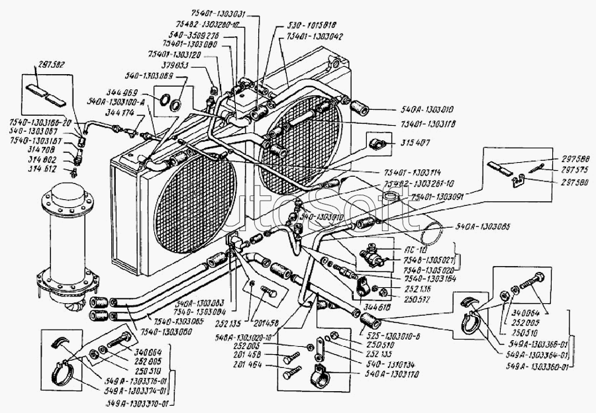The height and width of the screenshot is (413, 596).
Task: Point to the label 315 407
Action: pos(414,143)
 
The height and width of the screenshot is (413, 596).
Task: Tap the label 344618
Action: pos(377,307)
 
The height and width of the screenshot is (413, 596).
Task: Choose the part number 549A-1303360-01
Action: pos(536,367)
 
